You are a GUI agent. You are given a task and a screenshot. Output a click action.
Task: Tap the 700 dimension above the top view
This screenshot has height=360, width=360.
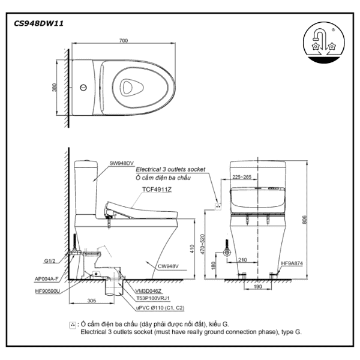[x=123, y=41]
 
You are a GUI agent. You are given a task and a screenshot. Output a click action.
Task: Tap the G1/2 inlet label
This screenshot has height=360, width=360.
[x=51, y=262]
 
